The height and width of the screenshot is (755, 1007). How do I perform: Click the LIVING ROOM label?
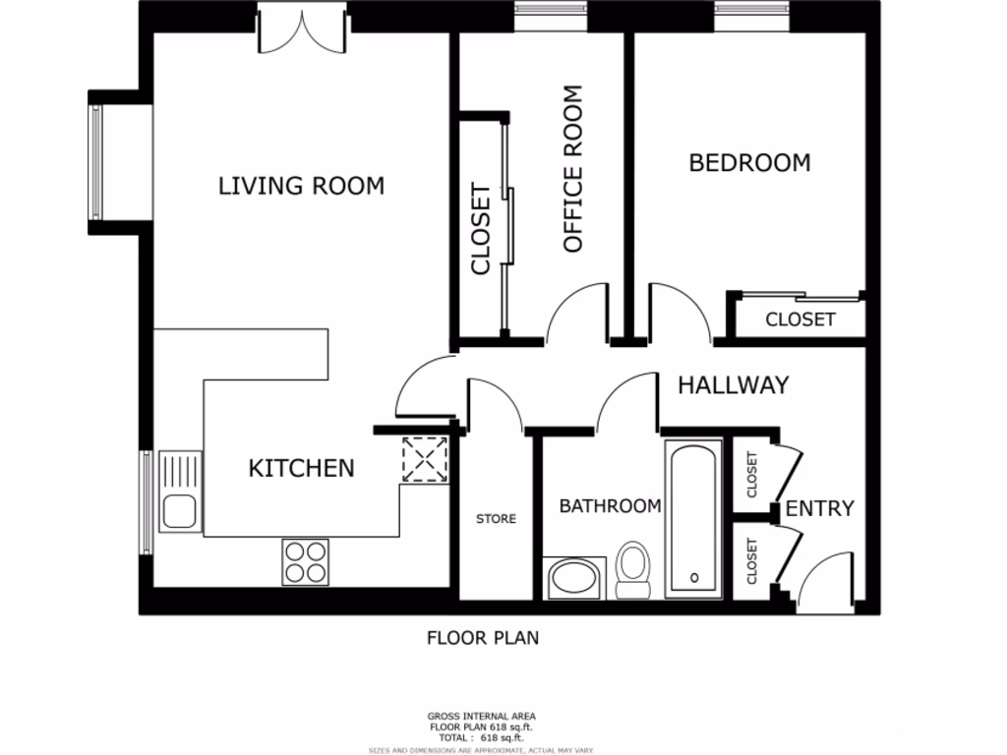301,186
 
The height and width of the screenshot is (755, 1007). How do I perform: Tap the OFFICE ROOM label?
572,169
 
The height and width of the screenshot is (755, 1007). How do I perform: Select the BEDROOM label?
749,162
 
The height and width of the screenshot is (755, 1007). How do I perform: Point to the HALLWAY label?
734,385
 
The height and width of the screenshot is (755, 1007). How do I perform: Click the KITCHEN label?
301,468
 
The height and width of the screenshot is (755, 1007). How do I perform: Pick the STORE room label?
496,519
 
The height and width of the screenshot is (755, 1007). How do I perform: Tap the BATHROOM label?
610,506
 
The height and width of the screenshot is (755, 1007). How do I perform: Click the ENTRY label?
819,508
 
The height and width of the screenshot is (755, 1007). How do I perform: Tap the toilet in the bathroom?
633,569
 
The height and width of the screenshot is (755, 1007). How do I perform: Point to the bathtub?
693,518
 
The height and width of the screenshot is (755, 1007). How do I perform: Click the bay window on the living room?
96,162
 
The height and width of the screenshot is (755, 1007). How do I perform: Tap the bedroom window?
753,11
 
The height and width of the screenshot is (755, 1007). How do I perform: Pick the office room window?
551,11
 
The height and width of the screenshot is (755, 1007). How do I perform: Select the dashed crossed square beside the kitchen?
425,458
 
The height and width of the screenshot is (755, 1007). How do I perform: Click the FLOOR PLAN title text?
482,638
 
